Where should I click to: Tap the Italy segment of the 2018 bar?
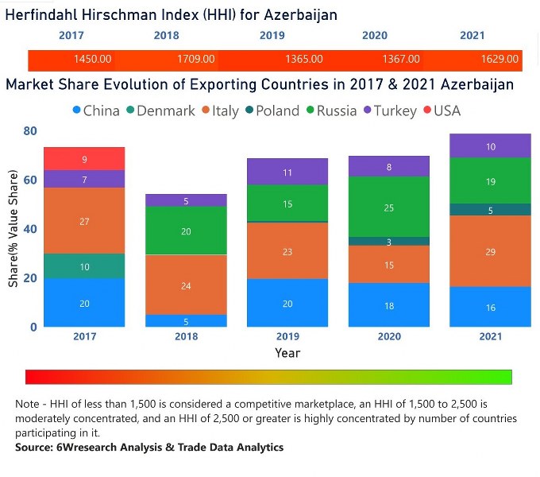[x=186, y=285]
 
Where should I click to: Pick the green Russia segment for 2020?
[x=389, y=207]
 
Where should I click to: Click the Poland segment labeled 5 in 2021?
[x=491, y=210]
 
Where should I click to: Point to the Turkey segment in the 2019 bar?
[x=287, y=172]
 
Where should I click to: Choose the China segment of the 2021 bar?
[x=491, y=307]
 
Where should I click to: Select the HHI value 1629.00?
[x=499, y=59]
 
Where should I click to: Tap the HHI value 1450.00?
[x=93, y=59]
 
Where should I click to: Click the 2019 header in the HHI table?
[x=273, y=36]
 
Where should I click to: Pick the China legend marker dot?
[x=76, y=111]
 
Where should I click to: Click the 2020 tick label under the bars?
[x=389, y=336]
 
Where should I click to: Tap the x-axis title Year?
[x=287, y=352]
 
